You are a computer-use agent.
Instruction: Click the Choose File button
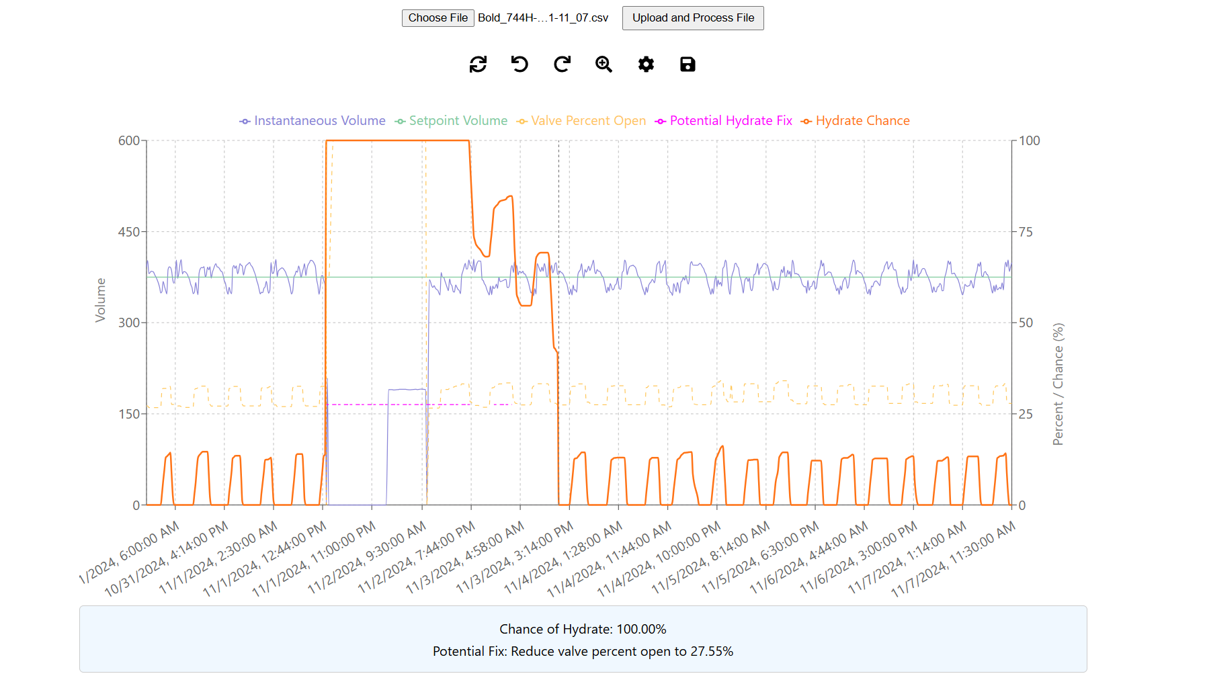pyautogui.click(x=438, y=18)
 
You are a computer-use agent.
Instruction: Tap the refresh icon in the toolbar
pyautogui.click(x=478, y=65)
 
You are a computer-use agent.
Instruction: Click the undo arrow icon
pyautogui.click(x=520, y=65)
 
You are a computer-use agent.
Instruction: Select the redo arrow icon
pyautogui.click(x=562, y=65)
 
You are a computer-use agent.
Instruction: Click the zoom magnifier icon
pyautogui.click(x=604, y=65)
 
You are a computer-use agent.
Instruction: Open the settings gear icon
pyautogui.click(x=646, y=65)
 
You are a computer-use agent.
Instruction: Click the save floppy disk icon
pyautogui.click(x=688, y=65)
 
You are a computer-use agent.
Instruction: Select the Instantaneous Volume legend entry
pyautogui.click(x=313, y=121)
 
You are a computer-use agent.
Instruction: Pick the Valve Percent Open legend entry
pyautogui.click(x=581, y=121)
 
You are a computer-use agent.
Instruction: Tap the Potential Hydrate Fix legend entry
pyautogui.click(x=724, y=121)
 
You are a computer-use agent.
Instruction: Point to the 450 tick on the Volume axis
pyautogui.click(x=129, y=232)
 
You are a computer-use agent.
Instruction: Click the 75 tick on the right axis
pyautogui.click(x=1026, y=232)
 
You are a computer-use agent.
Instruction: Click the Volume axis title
pyautogui.click(x=101, y=300)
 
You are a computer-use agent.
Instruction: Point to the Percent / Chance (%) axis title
pyautogui.click(x=1058, y=384)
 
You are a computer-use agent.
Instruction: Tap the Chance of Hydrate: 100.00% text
pyautogui.click(x=583, y=630)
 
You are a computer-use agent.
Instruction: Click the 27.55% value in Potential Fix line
pyautogui.click(x=712, y=652)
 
